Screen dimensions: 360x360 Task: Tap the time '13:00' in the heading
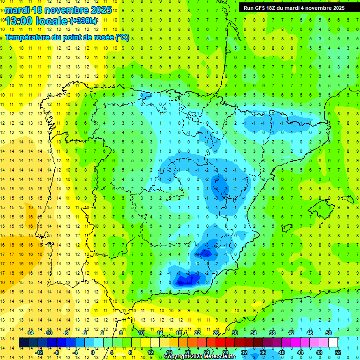[x=20, y=21]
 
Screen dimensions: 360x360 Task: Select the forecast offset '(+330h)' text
[x=83, y=21]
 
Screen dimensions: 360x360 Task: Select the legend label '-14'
[x=30, y=333]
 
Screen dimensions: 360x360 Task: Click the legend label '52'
[x=338, y=352]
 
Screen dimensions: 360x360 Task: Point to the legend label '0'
[x=93, y=352]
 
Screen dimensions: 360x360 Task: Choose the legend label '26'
[x=216, y=333]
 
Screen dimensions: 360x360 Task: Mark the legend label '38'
[x=272, y=333]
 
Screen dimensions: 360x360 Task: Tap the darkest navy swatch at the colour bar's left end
[x=23, y=343]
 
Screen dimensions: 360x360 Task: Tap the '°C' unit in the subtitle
[x=122, y=37]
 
